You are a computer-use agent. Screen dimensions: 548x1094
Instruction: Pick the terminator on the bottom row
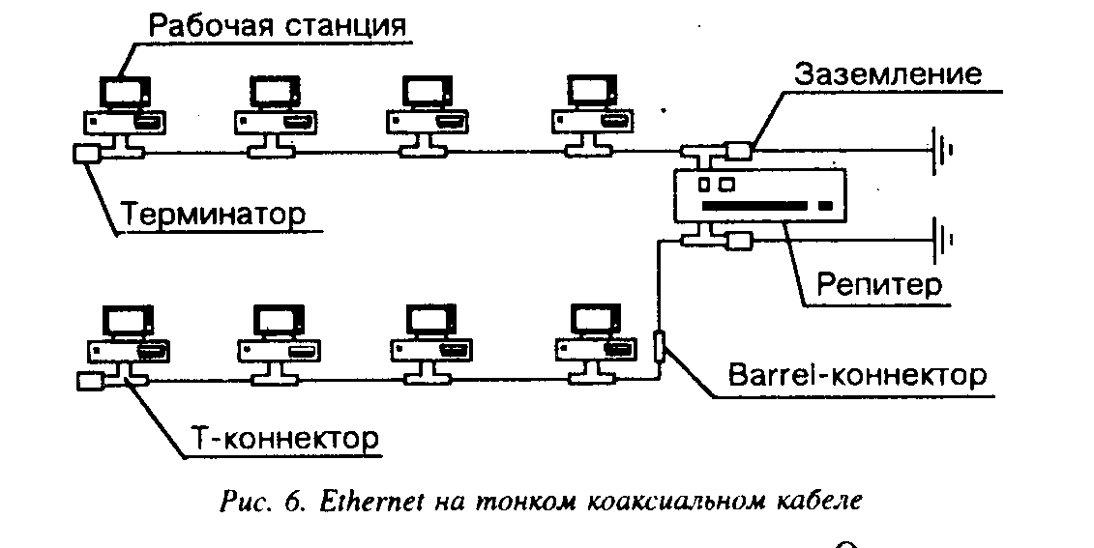89,381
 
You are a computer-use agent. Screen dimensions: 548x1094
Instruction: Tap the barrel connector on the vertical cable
659,346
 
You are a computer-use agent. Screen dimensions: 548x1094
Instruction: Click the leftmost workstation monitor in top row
124,92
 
